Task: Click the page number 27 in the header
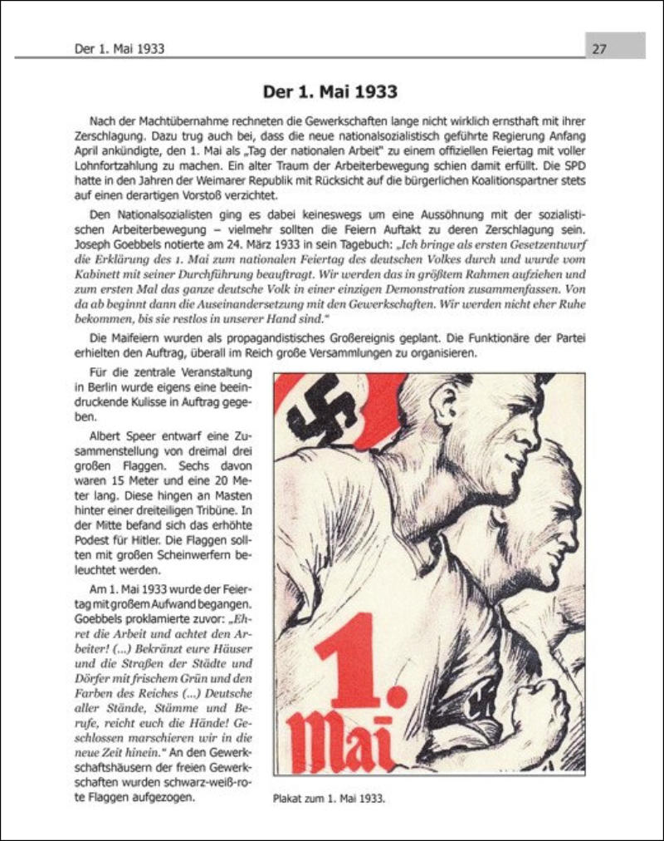coord(599,48)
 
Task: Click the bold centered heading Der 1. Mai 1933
coord(330,91)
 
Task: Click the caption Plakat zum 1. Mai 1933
coord(330,799)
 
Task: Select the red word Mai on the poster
coord(340,741)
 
